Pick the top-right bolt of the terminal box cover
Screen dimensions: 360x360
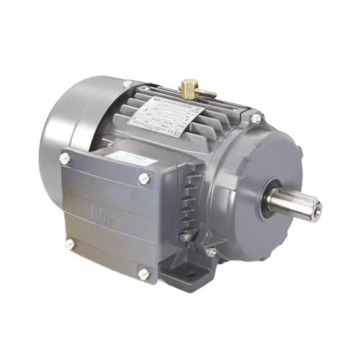click(145, 178)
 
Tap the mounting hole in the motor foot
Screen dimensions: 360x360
click(194, 274)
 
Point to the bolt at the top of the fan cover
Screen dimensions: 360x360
click(127, 84)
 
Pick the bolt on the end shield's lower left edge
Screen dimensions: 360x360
click(211, 252)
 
